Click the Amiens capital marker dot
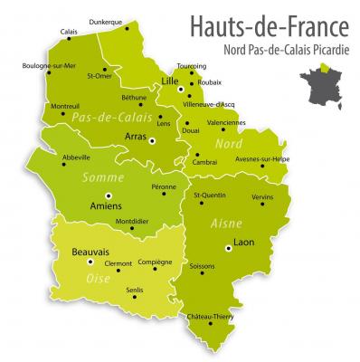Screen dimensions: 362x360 tap(109, 195)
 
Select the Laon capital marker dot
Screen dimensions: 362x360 tap(228, 246)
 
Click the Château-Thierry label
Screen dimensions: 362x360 tap(209, 315)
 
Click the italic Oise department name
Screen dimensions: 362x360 tap(99, 278)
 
